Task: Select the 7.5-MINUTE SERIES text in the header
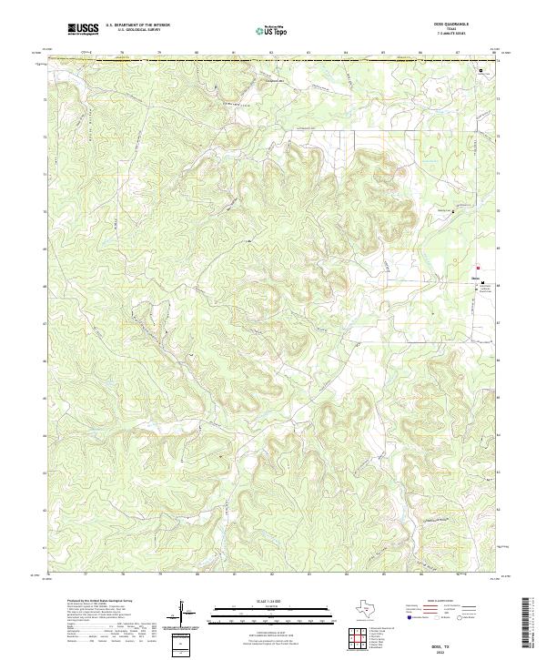point(451,36)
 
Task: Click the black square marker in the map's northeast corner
point(482,69)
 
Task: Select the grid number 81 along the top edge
point(234,54)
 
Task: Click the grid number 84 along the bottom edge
point(346,575)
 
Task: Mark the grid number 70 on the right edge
point(498,210)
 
